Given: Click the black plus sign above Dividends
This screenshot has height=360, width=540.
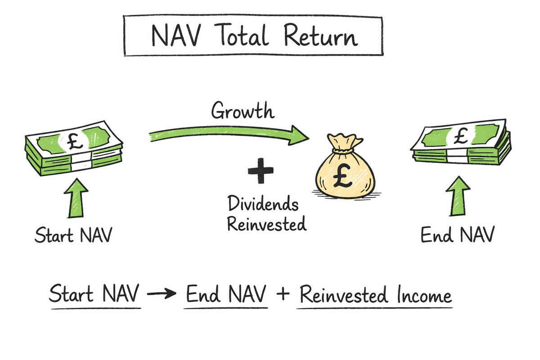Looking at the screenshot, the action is tap(260, 172).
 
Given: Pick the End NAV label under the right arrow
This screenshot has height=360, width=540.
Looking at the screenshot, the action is tap(457, 235).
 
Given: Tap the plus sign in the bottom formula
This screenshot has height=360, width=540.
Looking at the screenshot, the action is tap(283, 296).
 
